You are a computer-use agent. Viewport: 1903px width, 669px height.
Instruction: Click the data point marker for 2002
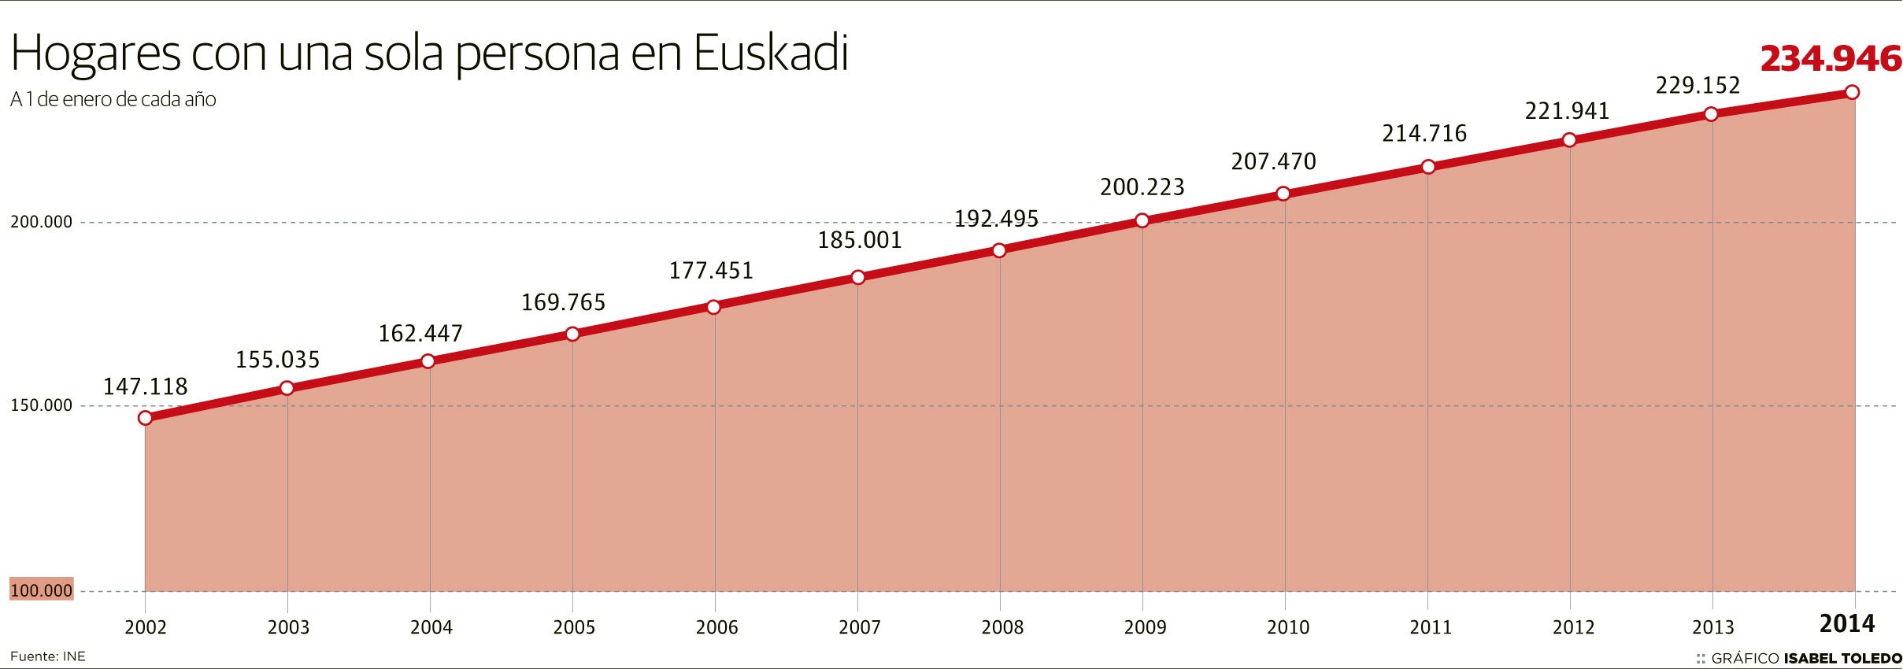[145, 418]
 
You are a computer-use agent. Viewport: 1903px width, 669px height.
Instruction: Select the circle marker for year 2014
[1852, 93]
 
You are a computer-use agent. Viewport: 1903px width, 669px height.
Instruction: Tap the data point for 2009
[1142, 220]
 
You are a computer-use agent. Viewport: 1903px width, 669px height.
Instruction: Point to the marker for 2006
[713, 307]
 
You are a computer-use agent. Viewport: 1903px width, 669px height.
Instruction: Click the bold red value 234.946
[1831, 59]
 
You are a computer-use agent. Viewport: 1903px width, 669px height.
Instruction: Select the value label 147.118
[146, 386]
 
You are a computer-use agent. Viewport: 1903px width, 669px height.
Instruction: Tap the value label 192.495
[996, 219]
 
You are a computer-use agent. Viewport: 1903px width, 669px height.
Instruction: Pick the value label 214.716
[1424, 134]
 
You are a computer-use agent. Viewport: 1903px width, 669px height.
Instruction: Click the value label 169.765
[563, 302]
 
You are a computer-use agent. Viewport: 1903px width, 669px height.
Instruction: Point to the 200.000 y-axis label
[41, 222]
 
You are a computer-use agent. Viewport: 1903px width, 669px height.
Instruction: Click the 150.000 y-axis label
[41, 405]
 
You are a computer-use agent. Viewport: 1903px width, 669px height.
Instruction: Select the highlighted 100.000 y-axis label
[41, 590]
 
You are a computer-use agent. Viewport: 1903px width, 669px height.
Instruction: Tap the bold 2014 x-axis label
[1846, 624]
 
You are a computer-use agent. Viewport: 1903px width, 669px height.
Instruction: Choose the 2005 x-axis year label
[574, 627]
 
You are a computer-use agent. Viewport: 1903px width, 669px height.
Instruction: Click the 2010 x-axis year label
[1288, 627]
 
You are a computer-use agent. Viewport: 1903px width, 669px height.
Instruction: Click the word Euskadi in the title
[771, 54]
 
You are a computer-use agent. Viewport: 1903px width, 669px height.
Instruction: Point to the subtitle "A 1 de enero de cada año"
[113, 100]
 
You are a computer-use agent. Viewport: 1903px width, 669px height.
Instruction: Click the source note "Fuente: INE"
[47, 656]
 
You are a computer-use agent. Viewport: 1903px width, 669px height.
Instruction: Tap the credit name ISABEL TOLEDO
[1842, 659]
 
